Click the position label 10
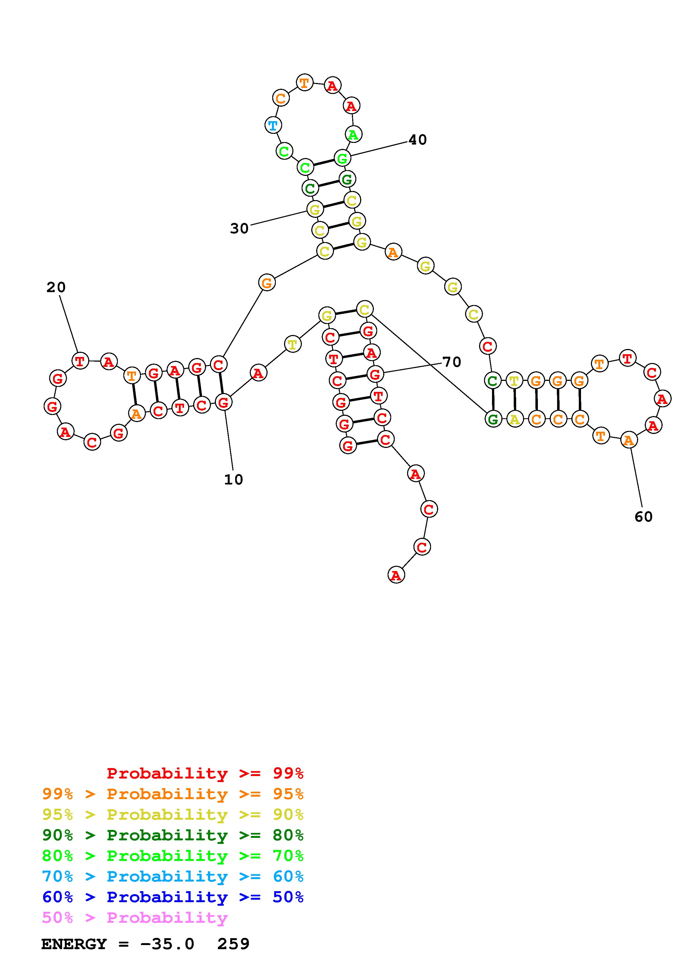233,480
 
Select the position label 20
56,288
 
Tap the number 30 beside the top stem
239,228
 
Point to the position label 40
418,140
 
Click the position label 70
452,362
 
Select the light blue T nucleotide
273,125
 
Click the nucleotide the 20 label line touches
80,361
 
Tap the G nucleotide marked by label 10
223,402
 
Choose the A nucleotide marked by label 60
628,440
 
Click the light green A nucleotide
353,135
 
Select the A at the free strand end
396,575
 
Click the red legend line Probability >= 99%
205,773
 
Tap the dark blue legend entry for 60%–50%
173,897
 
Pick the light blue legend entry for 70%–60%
173,877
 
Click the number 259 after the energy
233,944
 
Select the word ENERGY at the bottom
74,944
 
